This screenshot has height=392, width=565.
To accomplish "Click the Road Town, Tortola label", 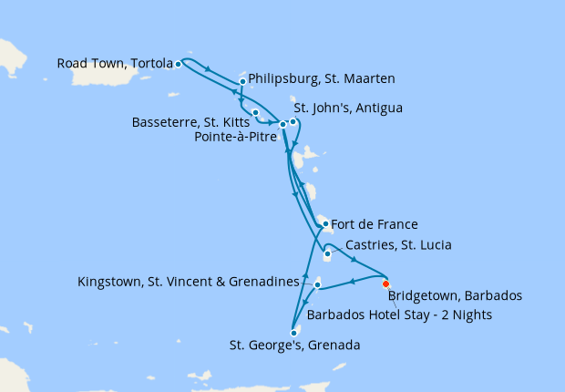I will pyautogui.click(x=114, y=64).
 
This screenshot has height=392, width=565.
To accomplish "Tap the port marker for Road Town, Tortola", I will pyautogui.click(x=178, y=64).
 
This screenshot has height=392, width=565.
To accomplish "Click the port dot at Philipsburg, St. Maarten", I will pyautogui.click(x=242, y=82).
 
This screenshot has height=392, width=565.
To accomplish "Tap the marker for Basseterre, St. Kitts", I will pyautogui.click(x=255, y=112).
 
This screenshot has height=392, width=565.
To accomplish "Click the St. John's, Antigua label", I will pyautogui.click(x=348, y=108).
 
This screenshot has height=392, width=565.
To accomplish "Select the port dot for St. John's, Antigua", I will pyautogui.click(x=293, y=121).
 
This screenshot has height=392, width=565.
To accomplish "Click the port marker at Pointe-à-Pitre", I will pyautogui.click(x=282, y=124).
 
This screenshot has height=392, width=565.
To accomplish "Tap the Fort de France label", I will pyautogui.click(x=375, y=224).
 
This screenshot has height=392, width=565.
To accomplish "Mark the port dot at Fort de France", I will pyautogui.click(x=325, y=223).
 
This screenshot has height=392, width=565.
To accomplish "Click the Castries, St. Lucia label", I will pyautogui.click(x=399, y=245).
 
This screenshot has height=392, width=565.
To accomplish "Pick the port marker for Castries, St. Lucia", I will pyautogui.click(x=327, y=253).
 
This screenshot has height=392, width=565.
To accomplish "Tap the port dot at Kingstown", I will pyautogui.click(x=317, y=285).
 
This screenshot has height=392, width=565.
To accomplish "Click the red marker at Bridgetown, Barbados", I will pyautogui.click(x=385, y=283).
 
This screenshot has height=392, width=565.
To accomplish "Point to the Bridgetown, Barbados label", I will pyautogui.click(x=454, y=296).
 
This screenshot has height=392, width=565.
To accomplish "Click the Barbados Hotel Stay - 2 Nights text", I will pyautogui.click(x=399, y=315).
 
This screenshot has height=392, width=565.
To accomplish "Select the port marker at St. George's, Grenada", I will pyautogui.click(x=293, y=333).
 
